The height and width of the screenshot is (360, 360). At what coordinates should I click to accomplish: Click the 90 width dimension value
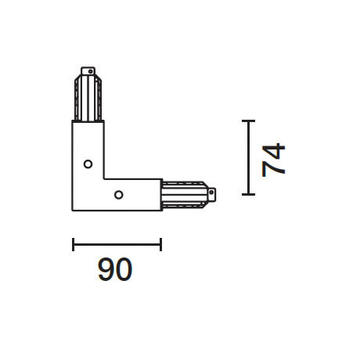coord(115,271)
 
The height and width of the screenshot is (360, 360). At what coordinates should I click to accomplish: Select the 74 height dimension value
coord(274,159)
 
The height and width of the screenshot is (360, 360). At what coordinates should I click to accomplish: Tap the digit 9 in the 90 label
coord(106,271)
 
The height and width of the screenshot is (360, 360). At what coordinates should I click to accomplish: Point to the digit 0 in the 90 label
coord(124,271)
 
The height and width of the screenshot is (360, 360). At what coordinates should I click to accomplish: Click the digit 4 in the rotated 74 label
coord(274,149)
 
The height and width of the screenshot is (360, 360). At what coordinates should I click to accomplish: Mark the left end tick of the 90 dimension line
coord(73,244)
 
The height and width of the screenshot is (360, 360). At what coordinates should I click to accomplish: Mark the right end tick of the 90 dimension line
coord(160,244)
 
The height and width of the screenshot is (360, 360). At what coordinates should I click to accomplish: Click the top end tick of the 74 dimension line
coord(248,121)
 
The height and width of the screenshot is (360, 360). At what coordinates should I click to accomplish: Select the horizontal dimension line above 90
coord(117,244)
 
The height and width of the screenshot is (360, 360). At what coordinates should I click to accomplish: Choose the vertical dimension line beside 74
coord(248,157)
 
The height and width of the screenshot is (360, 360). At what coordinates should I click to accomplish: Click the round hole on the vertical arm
coord(88,164)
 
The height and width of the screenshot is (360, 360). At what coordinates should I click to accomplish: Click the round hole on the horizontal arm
coord(118,194)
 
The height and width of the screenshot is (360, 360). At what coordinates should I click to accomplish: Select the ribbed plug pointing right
coord(186,193)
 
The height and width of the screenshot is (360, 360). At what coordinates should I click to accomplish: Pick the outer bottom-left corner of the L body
coord(74,209)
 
